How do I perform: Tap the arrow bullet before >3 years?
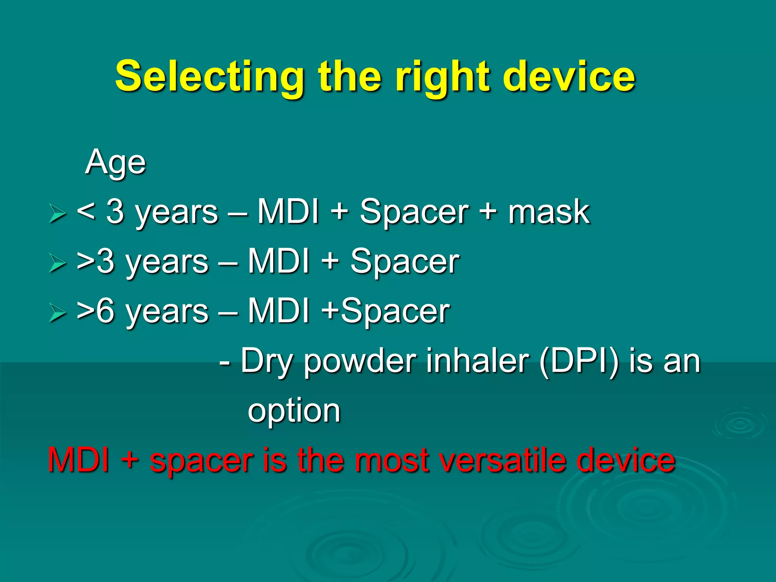click(57, 263)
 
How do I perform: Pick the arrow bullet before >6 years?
click(57, 313)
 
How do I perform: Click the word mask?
click(549, 212)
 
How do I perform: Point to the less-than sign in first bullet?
click(86, 212)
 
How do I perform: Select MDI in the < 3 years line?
click(288, 212)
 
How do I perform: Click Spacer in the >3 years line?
click(405, 261)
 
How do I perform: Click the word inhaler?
click(477, 361)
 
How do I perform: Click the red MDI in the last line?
click(79, 460)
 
